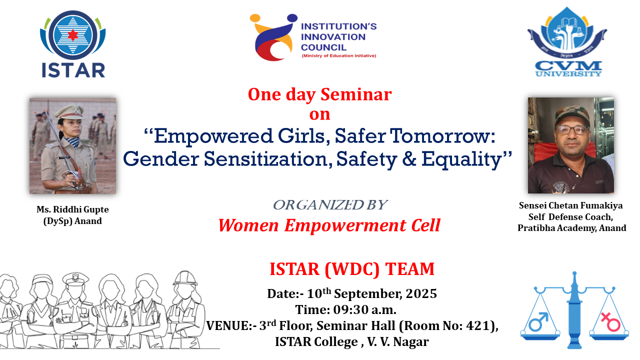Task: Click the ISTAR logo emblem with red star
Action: click(x=73, y=35)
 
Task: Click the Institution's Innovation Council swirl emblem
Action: click(x=273, y=37)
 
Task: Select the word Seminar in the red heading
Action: click(x=356, y=94)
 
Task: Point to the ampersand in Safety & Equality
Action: click(x=409, y=159)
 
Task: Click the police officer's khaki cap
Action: click(x=69, y=111)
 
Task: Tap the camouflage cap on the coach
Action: click(x=572, y=115)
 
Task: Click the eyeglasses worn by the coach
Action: click(x=572, y=130)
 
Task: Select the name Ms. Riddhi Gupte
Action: click(x=72, y=209)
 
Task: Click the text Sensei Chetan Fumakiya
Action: click(x=570, y=205)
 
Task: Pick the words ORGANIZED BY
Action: click(x=330, y=205)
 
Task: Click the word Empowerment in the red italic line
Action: click(x=345, y=225)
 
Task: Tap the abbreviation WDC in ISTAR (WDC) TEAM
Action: click(x=352, y=269)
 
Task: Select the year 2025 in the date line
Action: click(x=421, y=293)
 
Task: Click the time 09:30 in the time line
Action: click(x=350, y=309)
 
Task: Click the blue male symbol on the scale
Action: click(x=538, y=321)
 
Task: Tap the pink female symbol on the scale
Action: click(x=610, y=321)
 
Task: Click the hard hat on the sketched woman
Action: click(x=185, y=278)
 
